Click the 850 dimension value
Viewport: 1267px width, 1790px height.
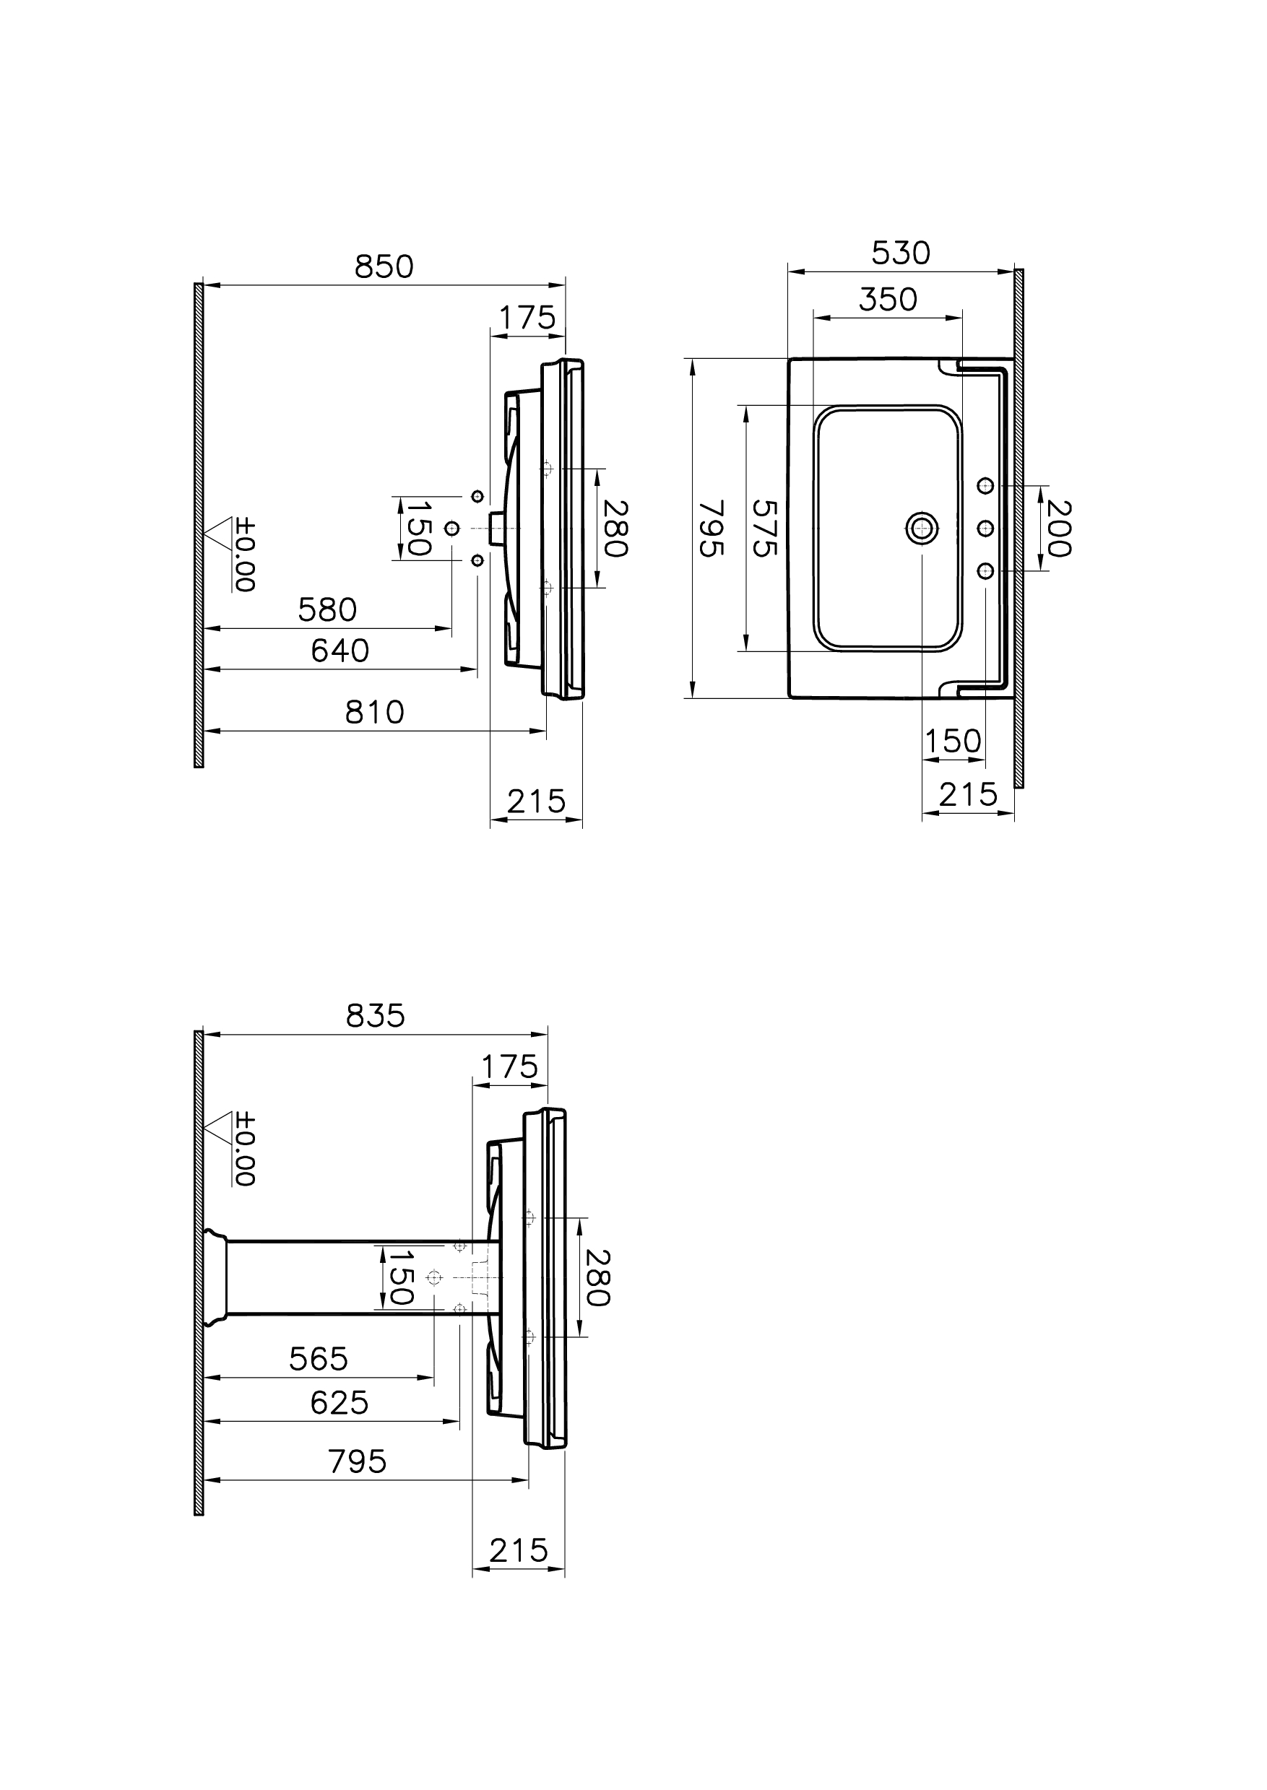(384, 267)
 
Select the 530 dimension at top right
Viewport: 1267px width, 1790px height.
(900, 253)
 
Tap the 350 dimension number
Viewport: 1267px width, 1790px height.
(888, 300)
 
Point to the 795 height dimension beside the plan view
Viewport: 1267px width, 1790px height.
(711, 528)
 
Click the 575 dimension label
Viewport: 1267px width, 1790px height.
(764, 528)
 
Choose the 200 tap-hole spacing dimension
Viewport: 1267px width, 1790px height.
(1058, 529)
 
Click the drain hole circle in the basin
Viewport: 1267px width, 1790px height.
(922, 528)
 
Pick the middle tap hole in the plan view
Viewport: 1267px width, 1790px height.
(985, 529)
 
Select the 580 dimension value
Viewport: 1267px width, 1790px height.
(327, 610)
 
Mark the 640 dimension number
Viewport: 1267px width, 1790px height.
(340, 651)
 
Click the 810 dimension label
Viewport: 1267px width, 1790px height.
(374, 712)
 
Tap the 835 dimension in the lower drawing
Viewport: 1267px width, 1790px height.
(376, 1016)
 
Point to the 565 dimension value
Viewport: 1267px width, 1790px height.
(318, 1360)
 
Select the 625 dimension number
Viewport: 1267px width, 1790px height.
(339, 1403)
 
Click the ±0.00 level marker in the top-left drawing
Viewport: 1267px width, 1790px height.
(243, 555)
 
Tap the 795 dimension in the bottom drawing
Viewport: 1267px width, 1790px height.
(358, 1461)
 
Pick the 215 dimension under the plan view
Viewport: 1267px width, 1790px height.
(967, 795)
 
